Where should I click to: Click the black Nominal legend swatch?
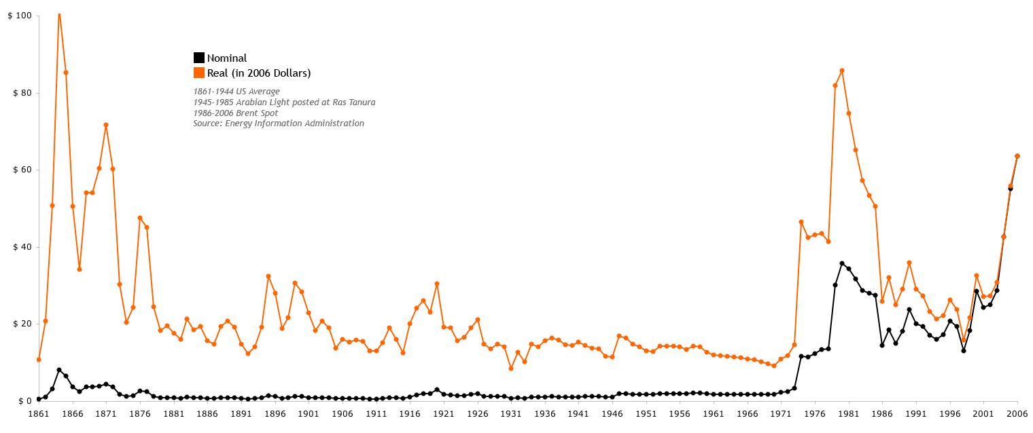coord(199,58)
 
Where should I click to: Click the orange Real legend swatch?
coord(199,73)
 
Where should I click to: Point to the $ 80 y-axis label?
coord(18,93)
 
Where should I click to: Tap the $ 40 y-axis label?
coord(18,247)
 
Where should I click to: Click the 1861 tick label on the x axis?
coord(39,413)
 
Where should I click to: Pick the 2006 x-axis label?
coord(1017,413)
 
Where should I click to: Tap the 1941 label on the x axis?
coord(578,413)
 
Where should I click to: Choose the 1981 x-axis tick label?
coord(848,413)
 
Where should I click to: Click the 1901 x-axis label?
coord(309,413)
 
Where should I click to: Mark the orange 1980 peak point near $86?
coord(842,71)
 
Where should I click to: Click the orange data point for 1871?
coord(106,125)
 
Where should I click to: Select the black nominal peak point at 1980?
coord(842,263)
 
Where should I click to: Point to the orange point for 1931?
coord(511,369)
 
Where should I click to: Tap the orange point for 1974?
coord(801,222)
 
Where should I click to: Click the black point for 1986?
coord(882,345)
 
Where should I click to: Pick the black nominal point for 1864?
coord(59,370)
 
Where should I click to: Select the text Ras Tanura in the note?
coord(353,102)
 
